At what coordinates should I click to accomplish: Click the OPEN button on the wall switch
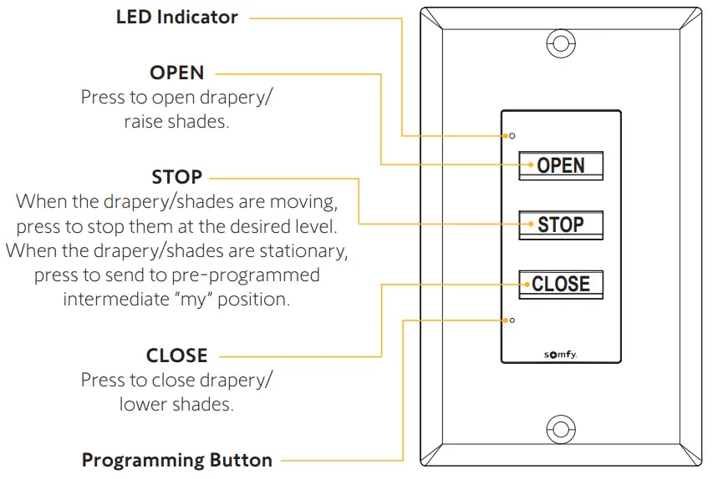point(561,165)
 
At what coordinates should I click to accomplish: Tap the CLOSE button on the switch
point(561,285)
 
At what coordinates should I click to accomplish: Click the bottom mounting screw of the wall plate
point(560,429)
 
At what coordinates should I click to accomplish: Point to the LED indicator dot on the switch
point(512,135)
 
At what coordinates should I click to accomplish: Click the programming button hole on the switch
point(512,320)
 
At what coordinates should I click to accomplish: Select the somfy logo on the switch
point(560,354)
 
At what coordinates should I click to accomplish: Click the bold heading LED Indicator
point(176,17)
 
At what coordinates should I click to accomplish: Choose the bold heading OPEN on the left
point(176,73)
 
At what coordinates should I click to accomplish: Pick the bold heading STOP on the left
point(176,177)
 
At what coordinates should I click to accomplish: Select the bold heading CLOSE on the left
point(176,355)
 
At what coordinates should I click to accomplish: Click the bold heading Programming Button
point(176,460)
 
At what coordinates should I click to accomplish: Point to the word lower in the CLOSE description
point(141,404)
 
